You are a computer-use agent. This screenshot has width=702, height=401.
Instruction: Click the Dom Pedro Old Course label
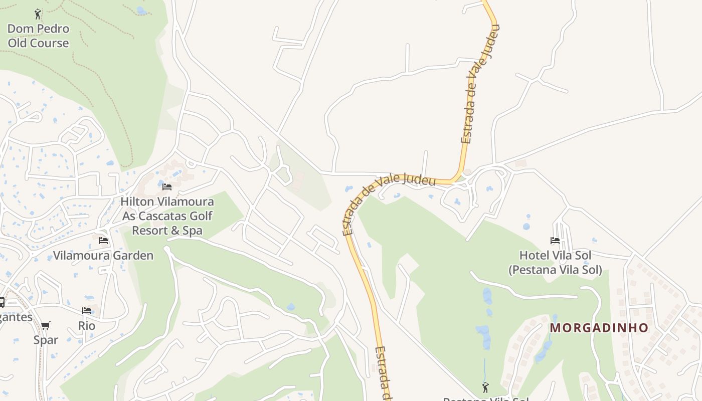(38, 36)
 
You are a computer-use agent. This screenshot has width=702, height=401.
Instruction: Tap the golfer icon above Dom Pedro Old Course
(38, 14)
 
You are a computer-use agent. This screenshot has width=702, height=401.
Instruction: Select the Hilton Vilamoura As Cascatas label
(167, 209)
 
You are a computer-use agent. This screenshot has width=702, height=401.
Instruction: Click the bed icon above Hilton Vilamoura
(167, 187)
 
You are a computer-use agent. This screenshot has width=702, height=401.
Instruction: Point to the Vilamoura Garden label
(103, 256)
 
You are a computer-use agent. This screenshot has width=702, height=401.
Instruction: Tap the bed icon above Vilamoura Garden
(103, 241)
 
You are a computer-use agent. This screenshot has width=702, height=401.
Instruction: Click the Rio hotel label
(87, 326)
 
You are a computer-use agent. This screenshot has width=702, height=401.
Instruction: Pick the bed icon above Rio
(87, 311)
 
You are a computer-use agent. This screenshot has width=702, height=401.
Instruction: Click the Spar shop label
(46, 340)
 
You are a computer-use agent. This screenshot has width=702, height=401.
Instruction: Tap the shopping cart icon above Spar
(46, 325)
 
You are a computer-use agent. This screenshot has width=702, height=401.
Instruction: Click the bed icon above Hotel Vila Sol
(555, 241)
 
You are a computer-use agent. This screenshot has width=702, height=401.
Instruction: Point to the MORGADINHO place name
(599, 328)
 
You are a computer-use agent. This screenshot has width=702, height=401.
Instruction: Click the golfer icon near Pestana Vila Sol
(485, 387)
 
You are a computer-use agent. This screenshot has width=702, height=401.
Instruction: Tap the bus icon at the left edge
(2, 302)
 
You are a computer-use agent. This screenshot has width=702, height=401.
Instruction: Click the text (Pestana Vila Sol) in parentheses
(555, 270)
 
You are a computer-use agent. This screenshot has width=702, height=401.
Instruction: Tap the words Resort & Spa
(167, 231)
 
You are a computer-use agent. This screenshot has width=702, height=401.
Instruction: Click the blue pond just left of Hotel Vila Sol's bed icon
(526, 227)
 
